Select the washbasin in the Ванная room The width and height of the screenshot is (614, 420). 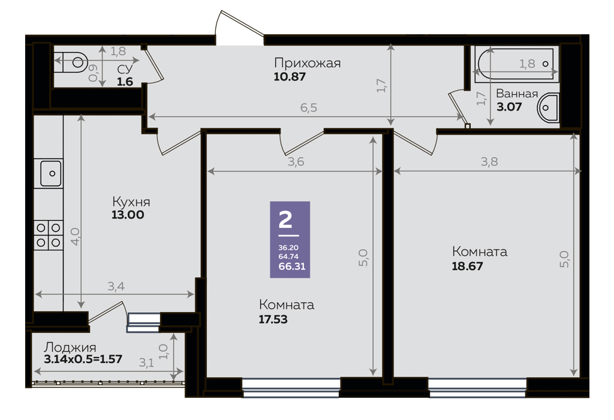547,107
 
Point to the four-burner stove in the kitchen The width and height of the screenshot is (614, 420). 49,235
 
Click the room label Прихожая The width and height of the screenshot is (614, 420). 308,62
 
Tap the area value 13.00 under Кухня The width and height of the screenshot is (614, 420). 128,215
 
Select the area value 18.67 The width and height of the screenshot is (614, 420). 467,266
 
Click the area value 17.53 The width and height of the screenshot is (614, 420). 273,319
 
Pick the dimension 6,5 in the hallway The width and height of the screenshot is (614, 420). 309,107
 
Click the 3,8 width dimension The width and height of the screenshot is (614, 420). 489,161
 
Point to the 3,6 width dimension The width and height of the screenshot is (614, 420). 296,161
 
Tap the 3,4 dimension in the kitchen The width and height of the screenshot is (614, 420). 116,286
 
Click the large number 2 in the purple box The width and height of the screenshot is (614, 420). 285,220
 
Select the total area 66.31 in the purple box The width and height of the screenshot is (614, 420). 292,266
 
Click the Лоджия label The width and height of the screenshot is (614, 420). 70,347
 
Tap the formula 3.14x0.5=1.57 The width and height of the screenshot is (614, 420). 83,359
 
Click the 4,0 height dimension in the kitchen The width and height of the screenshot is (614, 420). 75,236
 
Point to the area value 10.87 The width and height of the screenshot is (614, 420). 290,76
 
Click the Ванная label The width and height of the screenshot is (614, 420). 517,94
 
